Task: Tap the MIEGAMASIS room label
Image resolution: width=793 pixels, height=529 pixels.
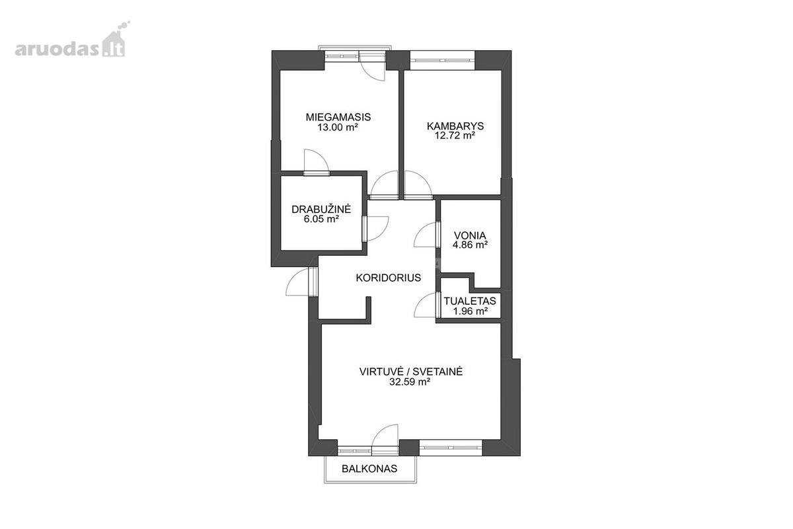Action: (x=338, y=117)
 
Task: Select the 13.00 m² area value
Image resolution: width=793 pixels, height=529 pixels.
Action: (x=338, y=127)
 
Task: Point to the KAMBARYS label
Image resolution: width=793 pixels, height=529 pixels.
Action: (x=455, y=126)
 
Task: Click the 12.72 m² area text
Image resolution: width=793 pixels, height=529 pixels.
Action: (x=455, y=136)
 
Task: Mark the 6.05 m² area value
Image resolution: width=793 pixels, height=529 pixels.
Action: (x=321, y=219)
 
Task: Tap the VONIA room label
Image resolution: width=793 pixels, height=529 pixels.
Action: (x=470, y=235)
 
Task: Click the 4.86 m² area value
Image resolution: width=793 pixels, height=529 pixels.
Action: (x=470, y=245)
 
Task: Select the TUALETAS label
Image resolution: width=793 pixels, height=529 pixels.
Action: (x=470, y=301)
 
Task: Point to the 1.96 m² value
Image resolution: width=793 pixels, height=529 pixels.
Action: (x=471, y=311)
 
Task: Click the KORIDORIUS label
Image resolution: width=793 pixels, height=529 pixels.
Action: (x=389, y=278)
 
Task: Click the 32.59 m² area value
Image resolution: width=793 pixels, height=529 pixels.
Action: (x=410, y=382)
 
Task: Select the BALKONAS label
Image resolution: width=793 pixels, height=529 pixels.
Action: (x=369, y=469)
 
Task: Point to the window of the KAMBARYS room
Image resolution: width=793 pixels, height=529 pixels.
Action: (x=442, y=60)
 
